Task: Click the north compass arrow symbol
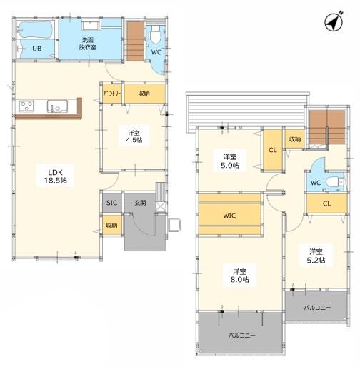click(x=334, y=22)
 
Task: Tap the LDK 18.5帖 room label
click(x=56, y=176)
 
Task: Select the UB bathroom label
click(x=37, y=49)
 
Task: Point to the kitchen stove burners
click(x=26, y=106)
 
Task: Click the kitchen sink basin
click(x=57, y=106)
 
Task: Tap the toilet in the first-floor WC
click(x=155, y=35)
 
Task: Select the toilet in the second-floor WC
click(x=335, y=183)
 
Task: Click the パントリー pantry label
click(x=112, y=94)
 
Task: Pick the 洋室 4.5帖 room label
click(x=134, y=136)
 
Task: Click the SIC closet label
click(x=111, y=203)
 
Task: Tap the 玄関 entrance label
click(x=140, y=203)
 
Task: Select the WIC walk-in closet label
click(x=229, y=216)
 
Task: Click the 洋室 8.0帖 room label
click(x=239, y=276)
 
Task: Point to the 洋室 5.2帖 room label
click(x=316, y=256)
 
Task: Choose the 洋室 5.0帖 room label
click(x=230, y=161)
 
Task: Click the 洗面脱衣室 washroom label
click(x=88, y=44)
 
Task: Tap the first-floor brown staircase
click(x=135, y=41)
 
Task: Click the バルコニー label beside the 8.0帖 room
click(x=242, y=336)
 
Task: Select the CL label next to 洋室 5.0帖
click(x=273, y=150)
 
